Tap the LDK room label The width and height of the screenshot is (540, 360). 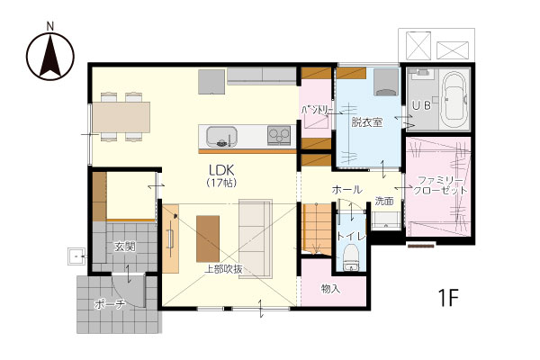[x=221, y=170]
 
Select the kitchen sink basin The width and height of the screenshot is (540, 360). [x=221, y=136]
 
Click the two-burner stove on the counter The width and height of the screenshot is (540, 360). [x=279, y=135]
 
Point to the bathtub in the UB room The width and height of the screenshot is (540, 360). [x=454, y=101]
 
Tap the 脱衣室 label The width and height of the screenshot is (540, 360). [x=367, y=122]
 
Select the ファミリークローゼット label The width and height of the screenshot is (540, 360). [x=440, y=185]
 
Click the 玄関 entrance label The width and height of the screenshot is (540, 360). [x=125, y=247]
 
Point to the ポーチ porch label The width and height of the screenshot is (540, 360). [x=110, y=304]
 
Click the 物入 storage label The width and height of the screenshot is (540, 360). [x=330, y=289]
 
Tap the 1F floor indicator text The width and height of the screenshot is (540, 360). [x=448, y=298]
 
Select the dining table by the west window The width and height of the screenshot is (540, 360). [x=121, y=117]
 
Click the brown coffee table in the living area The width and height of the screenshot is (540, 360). [x=208, y=238]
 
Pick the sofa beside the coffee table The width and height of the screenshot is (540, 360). [x=256, y=238]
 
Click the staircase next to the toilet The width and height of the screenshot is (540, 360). [x=317, y=229]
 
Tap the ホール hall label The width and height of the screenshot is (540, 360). [x=346, y=189]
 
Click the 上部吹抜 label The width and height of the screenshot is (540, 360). [x=223, y=269]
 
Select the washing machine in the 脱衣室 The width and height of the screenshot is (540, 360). [x=386, y=82]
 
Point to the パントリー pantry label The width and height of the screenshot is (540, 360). [x=317, y=110]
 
